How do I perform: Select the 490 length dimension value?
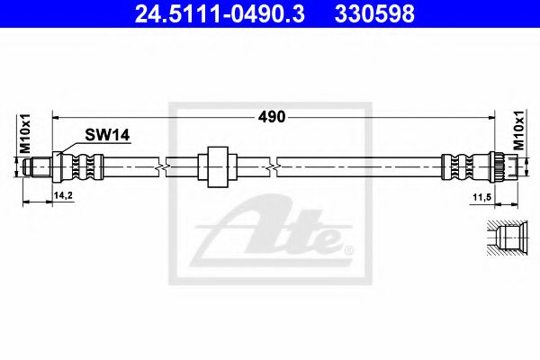pyautogui.click(x=272, y=116)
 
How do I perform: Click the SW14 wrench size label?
pyautogui.click(x=108, y=135)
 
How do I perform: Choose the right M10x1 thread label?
pyautogui.click(x=519, y=130)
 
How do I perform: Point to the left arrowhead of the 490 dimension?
pyautogui.click(x=57, y=117)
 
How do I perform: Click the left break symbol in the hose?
pyautogui.click(x=159, y=166)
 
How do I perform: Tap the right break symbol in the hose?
pyautogui.click(x=275, y=166)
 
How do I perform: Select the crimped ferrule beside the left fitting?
pyautogui.click(x=85, y=166)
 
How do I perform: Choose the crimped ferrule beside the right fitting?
pyautogui.click(x=456, y=166)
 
